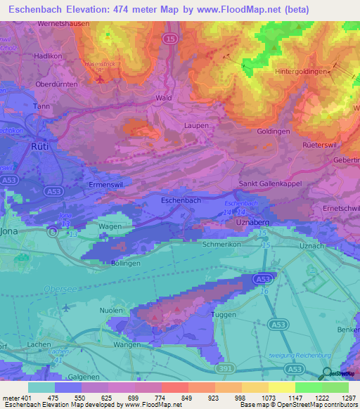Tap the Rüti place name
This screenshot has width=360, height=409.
[40, 146]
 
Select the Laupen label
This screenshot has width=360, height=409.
[196, 125]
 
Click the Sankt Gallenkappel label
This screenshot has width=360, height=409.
[270, 183]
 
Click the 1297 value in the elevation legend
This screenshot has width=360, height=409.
[347, 398]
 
